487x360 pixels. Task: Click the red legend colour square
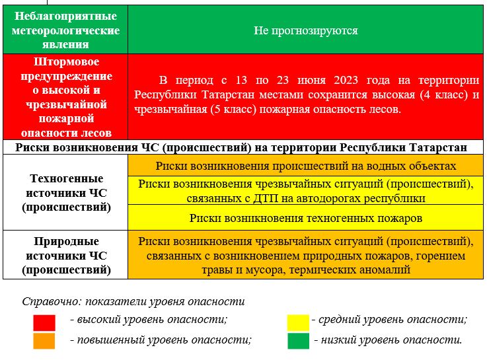click(x=44, y=323)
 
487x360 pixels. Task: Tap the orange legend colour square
click(x=44, y=341)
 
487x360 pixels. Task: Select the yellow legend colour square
click(x=298, y=323)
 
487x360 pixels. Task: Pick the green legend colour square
click(x=298, y=341)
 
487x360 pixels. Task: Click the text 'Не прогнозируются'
click(x=306, y=30)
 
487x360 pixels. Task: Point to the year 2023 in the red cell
click(x=346, y=80)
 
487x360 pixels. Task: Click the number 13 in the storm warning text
click(x=241, y=80)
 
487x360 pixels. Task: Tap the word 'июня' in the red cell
click(x=311, y=81)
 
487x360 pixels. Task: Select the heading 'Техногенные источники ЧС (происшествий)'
click(x=66, y=193)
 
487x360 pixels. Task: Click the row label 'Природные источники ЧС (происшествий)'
click(x=66, y=256)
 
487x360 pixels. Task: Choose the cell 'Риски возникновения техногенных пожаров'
click(x=306, y=218)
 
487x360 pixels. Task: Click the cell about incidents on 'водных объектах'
click(x=306, y=166)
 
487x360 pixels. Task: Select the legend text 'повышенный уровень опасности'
click(x=163, y=340)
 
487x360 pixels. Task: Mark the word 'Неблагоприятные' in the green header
click(x=65, y=16)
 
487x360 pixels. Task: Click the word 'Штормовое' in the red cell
click(x=66, y=61)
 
